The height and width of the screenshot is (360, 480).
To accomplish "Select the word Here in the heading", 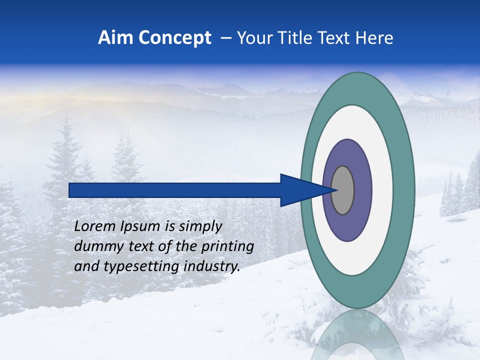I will pyautogui.click(x=374, y=38).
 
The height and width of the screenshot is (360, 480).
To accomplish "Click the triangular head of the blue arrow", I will pyautogui.click(x=300, y=190).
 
